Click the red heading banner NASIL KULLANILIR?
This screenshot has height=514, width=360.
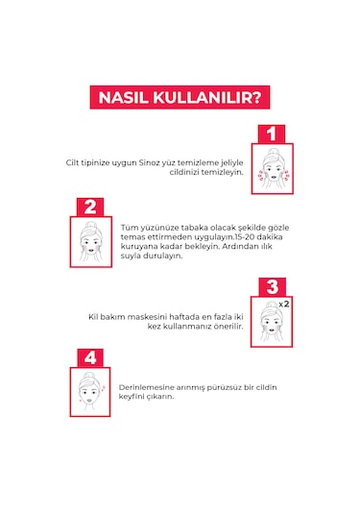coord(179,97)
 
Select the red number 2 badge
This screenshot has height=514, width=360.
coord(89,207)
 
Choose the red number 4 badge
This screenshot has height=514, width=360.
coord(89,357)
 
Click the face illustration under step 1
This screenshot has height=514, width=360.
coord(272,170)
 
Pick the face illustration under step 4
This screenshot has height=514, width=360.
coord(89,393)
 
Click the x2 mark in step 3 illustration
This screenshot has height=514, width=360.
coord(285,304)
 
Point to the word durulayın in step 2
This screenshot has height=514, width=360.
coord(154,257)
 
